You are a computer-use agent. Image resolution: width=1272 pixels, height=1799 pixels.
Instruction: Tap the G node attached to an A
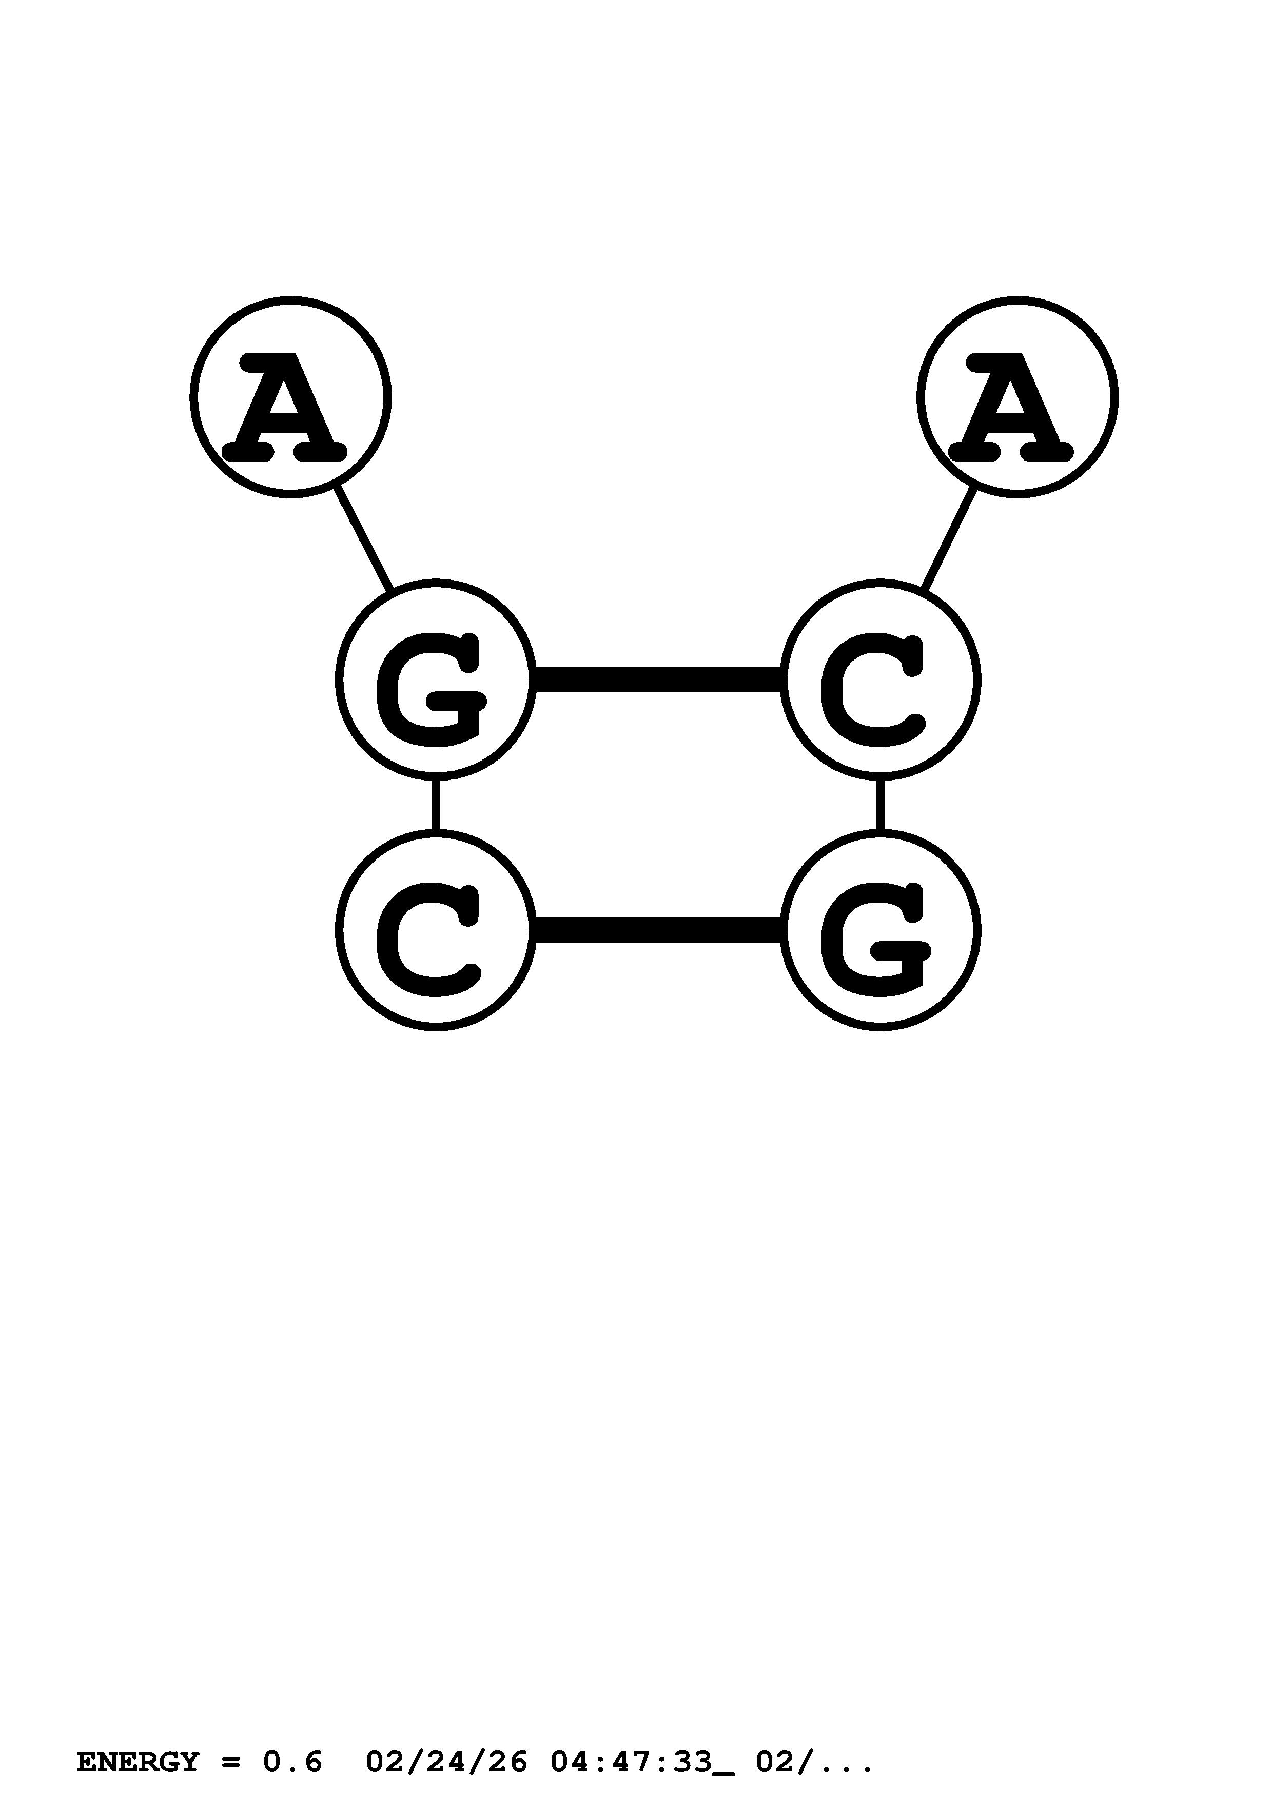(x=436, y=679)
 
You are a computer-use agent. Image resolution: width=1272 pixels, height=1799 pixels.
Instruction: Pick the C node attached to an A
(x=879, y=679)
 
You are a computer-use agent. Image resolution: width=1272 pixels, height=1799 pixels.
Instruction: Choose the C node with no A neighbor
(x=436, y=930)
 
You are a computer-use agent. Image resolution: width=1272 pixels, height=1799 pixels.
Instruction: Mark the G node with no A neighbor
(x=879, y=930)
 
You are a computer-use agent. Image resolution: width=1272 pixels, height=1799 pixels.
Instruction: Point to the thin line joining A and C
(x=949, y=539)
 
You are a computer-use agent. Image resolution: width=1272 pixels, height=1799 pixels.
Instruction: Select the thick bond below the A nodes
(x=658, y=679)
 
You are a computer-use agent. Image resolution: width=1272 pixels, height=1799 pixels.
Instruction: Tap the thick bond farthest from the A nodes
(x=658, y=930)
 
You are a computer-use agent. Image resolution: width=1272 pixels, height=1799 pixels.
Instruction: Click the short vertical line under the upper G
(x=436, y=805)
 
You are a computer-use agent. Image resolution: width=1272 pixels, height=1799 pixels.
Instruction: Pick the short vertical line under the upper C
(x=879, y=805)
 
